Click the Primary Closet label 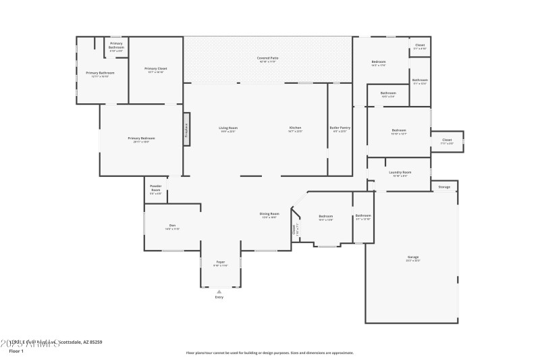coord(156,69)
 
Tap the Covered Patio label coord(267,59)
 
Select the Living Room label coord(228,128)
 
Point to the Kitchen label coord(295,128)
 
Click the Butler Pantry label coord(340,128)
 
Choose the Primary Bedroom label coord(142,138)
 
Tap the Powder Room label coord(155,188)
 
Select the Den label coord(172,226)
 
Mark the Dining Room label coord(269,214)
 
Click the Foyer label coord(220,262)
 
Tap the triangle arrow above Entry coord(219,292)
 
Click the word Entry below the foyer coord(219,297)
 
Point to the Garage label coord(412,257)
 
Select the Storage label coord(444,186)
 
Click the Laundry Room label coord(400,173)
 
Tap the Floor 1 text coord(16,351)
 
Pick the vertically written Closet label coord(294,230)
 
